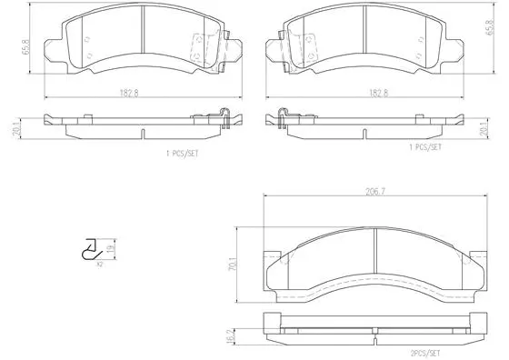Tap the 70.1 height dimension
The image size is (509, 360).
[235, 264]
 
